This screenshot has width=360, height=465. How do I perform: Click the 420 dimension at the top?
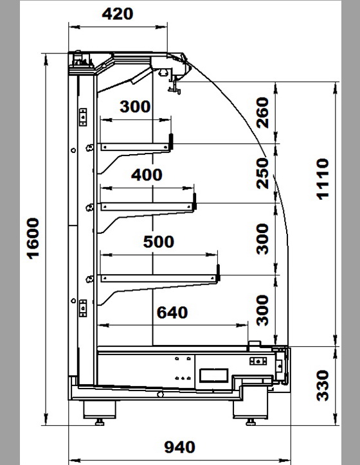pos(118,14)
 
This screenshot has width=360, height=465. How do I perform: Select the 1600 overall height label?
pos(33,239)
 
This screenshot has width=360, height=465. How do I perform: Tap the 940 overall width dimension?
pos(179,447)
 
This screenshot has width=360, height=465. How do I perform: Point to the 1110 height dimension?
pos(323,179)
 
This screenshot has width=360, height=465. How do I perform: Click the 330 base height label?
pos(323,385)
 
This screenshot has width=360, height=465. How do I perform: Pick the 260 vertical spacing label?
pos(262,112)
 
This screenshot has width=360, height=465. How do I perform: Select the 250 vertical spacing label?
pos(262,173)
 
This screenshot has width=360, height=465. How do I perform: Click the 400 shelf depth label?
pos(147,175)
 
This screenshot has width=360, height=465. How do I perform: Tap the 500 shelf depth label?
pos(159,241)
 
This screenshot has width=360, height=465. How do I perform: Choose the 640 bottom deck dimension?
pos(172,313)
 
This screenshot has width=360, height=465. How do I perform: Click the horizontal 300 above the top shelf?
pos(135,107)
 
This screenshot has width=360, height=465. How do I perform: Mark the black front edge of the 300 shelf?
pos(171,141)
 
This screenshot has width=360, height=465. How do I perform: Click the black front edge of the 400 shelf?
pos(195,201)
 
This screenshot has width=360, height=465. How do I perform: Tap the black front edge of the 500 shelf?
pos(218,273)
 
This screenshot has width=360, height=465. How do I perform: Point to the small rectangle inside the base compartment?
pos(213,375)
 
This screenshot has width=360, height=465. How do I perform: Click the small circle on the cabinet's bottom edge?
pos(160,394)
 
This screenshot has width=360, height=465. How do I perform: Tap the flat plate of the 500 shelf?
pos(159,278)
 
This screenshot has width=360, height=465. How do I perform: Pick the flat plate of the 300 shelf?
pos(135,147)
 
